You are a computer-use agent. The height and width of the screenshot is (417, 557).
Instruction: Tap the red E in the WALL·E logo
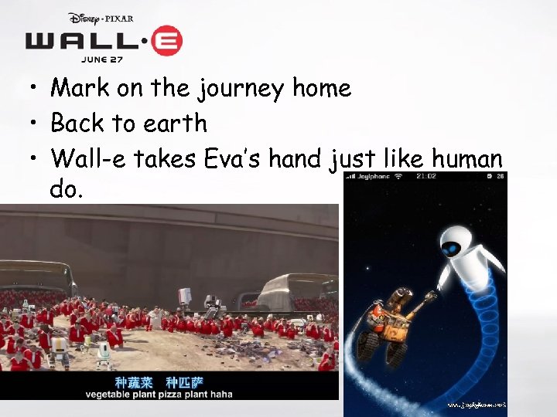pyautogui.click(x=166, y=41)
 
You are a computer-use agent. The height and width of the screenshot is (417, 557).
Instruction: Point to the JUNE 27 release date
pyautogui.click(x=104, y=59)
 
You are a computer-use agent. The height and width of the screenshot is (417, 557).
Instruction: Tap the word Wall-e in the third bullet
pyautogui.click(x=87, y=159)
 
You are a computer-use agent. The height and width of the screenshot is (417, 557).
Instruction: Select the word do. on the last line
pyautogui.click(x=66, y=189)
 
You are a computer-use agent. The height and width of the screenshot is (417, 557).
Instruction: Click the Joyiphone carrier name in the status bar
pyautogui.click(x=372, y=177)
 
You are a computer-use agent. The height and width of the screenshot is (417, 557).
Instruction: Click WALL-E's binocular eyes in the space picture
pyautogui.click(x=402, y=297)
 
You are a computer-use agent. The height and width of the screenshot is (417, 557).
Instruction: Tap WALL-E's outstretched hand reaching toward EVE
pyautogui.click(x=430, y=297)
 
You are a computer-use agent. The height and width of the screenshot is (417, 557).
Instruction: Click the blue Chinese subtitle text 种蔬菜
pyautogui.click(x=135, y=381)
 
